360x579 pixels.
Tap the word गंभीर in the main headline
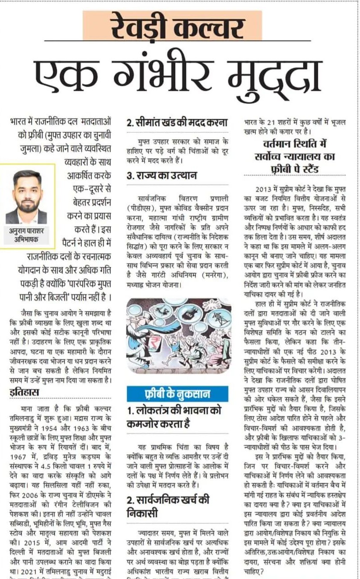coord(165,74)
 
